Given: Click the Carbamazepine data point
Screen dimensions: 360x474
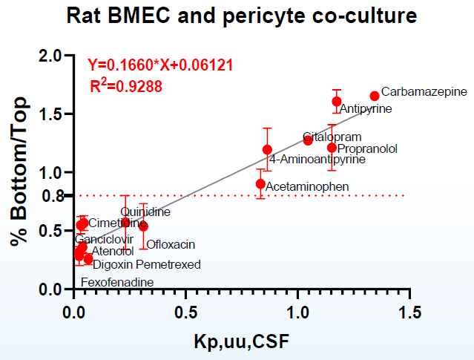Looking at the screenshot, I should (x=375, y=96).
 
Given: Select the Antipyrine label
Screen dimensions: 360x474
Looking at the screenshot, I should (x=365, y=109).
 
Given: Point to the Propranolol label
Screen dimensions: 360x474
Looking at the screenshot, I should (x=367, y=148).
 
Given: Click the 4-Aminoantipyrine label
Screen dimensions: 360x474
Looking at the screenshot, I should (x=317, y=159).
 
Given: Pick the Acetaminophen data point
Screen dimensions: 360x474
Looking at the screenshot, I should (x=260, y=183).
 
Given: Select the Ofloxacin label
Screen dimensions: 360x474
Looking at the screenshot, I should (x=171, y=244).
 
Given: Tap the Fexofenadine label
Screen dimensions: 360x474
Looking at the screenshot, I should (x=116, y=282).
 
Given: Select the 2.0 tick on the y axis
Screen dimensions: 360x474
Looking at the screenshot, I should (x=50, y=56).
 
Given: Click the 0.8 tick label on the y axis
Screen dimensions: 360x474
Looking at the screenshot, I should (x=50, y=195).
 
